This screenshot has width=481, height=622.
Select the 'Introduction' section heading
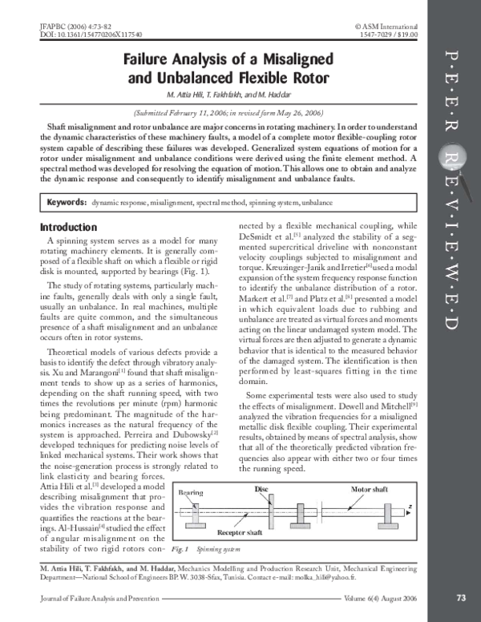(x=69, y=227)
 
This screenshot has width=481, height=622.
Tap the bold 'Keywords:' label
(x=67, y=203)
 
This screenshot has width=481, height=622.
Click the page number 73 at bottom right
(x=461, y=597)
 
